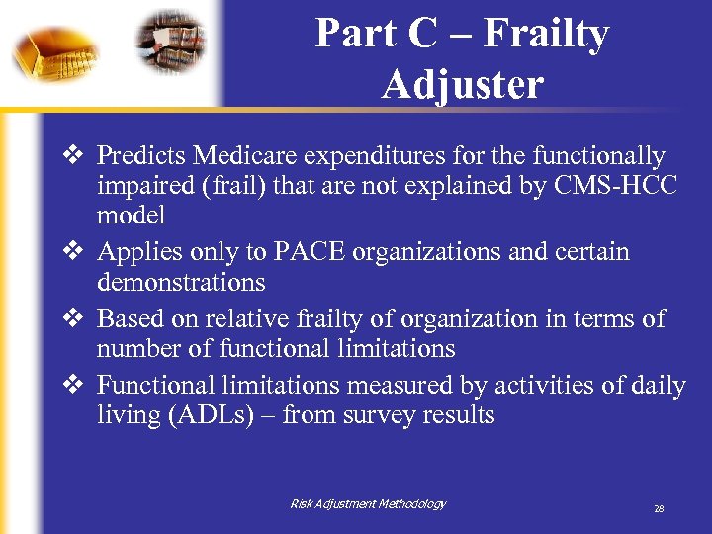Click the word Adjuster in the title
[x=462, y=85]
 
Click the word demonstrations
[x=181, y=283]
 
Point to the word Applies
[x=135, y=252]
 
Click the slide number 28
[x=658, y=509]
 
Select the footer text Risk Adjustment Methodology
[x=367, y=504]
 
